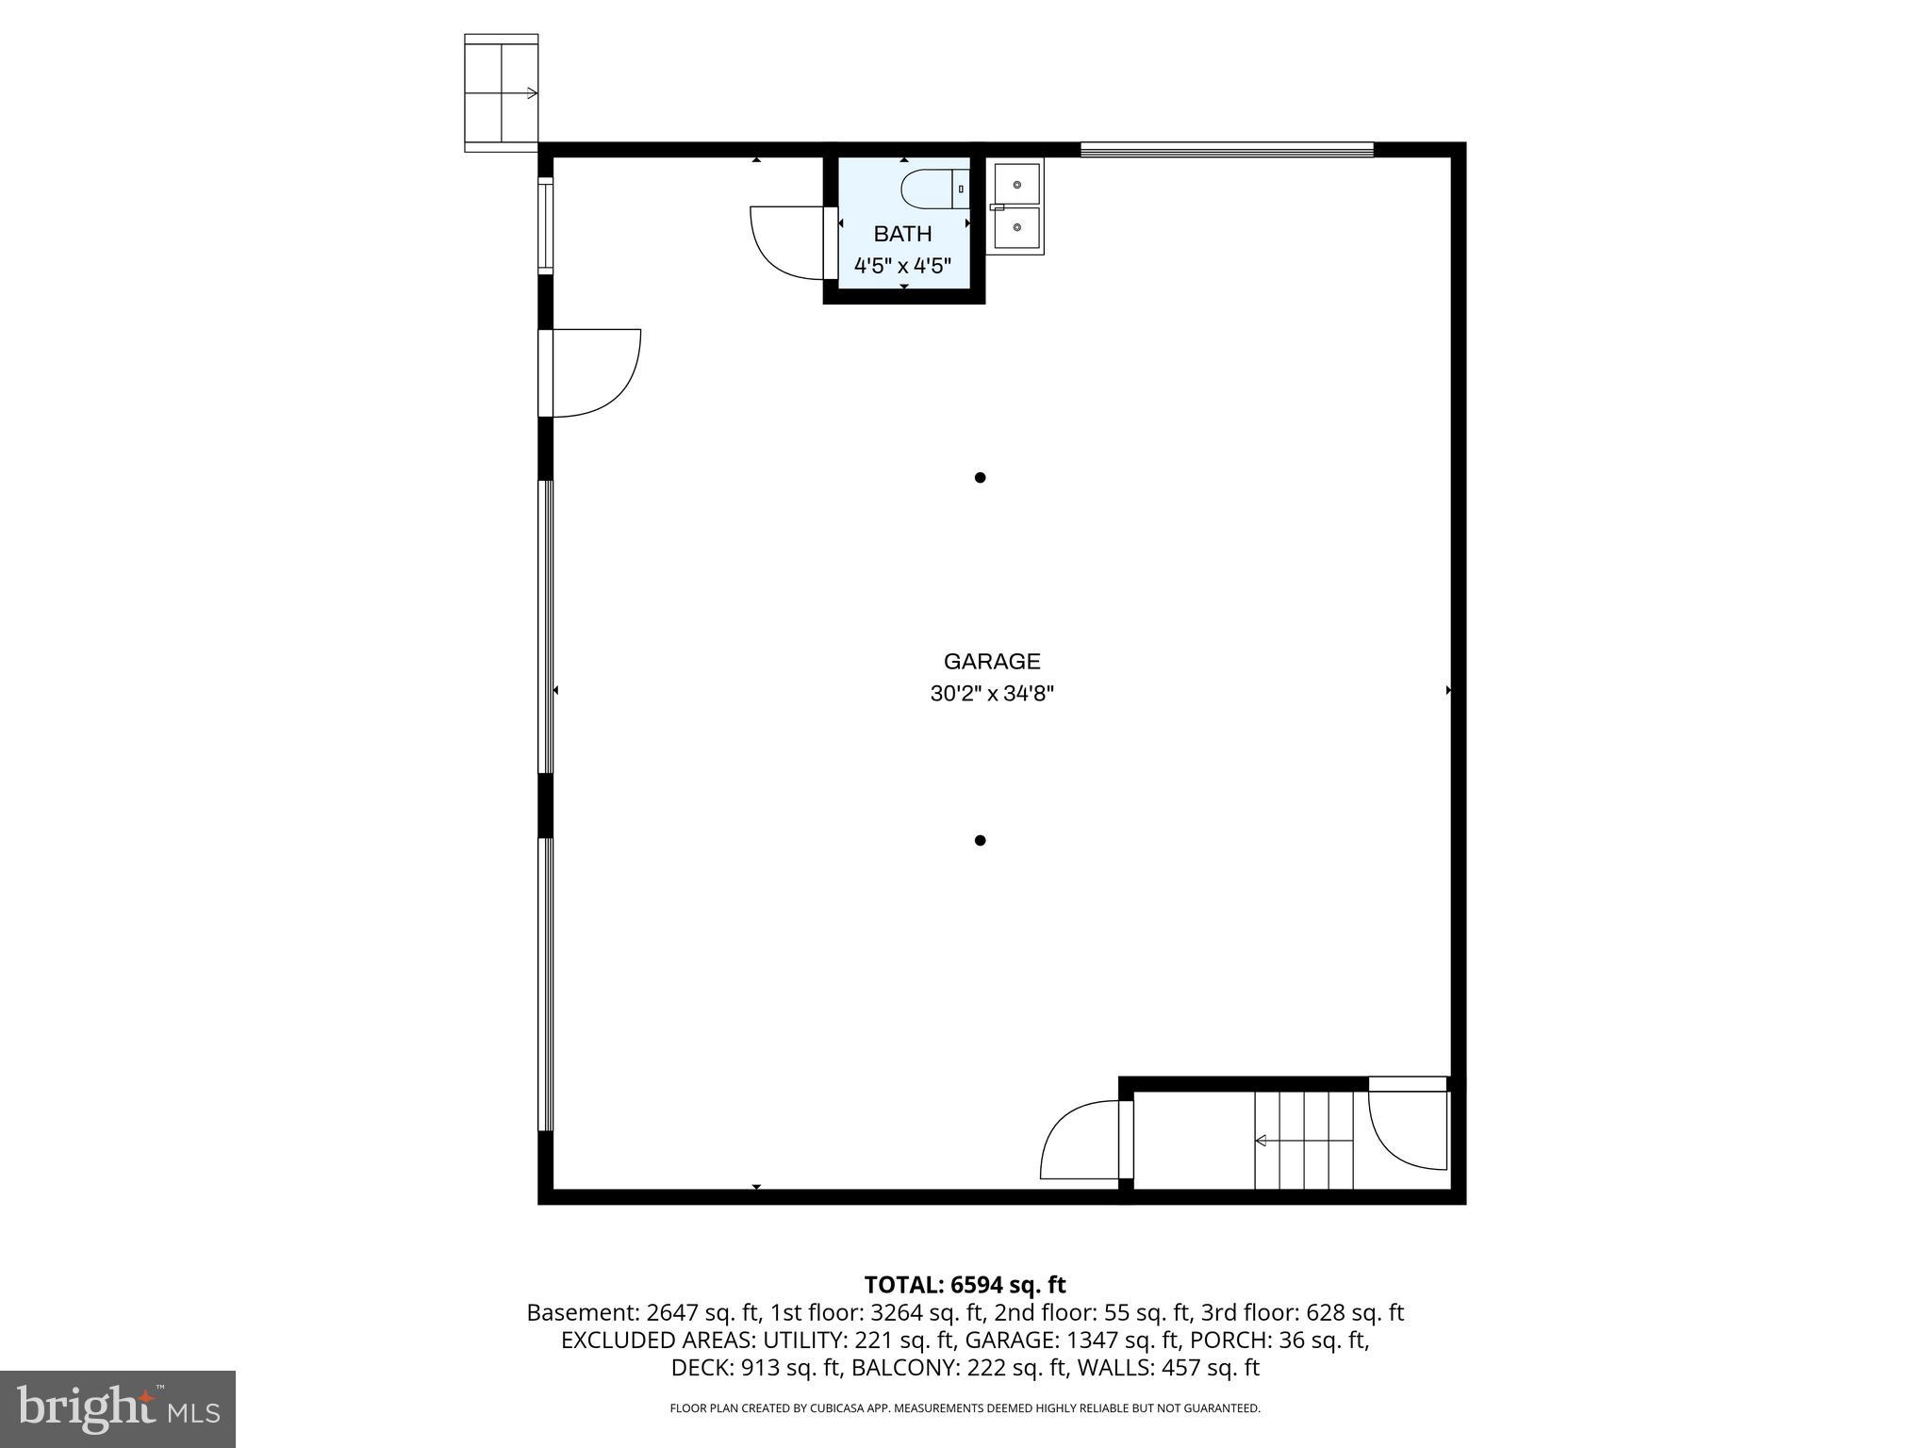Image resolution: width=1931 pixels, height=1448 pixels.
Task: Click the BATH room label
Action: click(x=902, y=234)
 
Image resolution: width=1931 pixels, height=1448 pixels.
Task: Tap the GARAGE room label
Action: click(x=992, y=662)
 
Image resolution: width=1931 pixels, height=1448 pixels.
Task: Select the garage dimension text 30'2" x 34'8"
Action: click(x=992, y=695)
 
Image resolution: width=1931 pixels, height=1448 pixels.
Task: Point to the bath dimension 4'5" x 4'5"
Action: click(x=902, y=266)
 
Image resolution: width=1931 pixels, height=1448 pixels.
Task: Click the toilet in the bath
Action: click(x=933, y=189)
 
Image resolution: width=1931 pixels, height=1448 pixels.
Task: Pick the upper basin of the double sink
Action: click(x=1016, y=184)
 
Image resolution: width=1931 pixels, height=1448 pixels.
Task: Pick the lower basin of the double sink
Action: click(x=1016, y=227)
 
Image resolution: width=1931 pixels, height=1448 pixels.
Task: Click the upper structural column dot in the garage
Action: click(x=980, y=478)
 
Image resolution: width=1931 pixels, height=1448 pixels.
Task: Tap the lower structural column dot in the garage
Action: click(x=980, y=840)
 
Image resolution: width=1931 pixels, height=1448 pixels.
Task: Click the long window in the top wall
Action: click(x=1227, y=149)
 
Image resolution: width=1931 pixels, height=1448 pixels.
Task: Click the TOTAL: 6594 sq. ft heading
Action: click(x=965, y=1285)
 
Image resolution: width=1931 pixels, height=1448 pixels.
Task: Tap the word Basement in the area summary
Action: click(x=582, y=1312)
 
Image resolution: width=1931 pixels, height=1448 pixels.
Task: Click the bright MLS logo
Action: click(x=117, y=1408)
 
